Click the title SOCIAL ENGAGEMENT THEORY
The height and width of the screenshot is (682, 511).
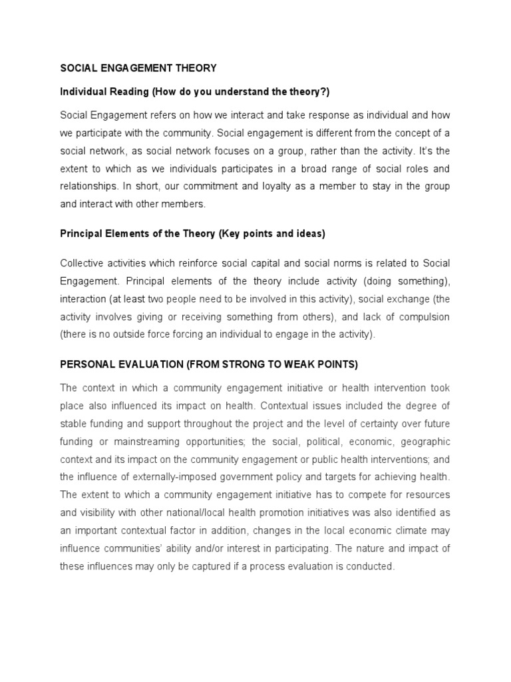[138, 68]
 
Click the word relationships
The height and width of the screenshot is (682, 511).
[87, 187]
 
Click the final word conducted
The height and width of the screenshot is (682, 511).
[371, 567]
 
